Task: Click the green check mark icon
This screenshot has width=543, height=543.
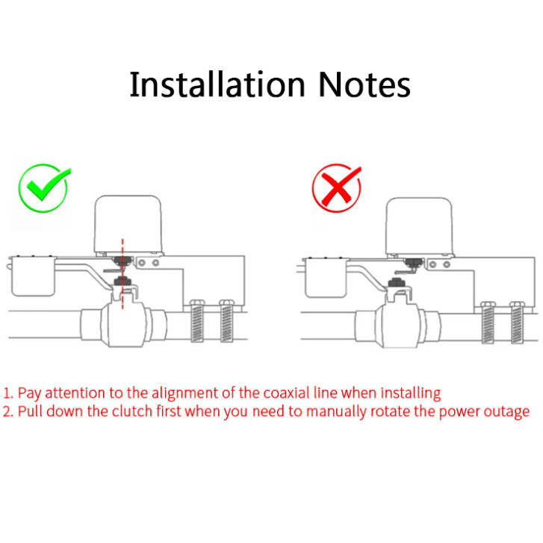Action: tap(43, 187)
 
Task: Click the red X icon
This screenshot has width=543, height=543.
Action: tap(336, 187)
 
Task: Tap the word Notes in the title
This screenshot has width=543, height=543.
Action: tap(364, 85)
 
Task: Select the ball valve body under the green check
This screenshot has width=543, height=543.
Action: tap(120, 324)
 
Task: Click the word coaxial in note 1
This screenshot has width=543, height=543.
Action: tap(287, 393)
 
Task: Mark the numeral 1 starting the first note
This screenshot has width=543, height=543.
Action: tap(7, 393)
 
